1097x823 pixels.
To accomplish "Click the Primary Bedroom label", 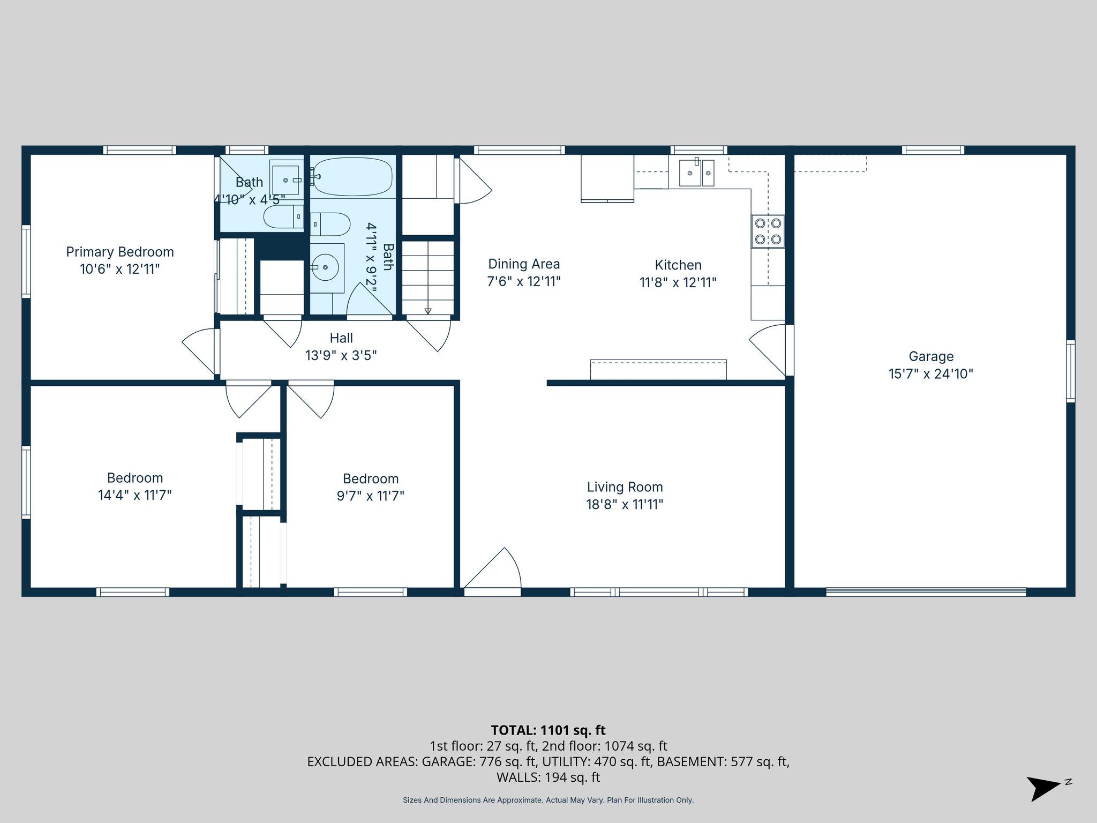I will coord(119,252).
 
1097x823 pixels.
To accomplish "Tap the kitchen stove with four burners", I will coord(768,231).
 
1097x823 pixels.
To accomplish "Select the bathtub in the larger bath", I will coord(352,177).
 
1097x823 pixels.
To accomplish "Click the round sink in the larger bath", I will coord(325,267).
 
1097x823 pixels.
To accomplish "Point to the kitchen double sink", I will coord(696,173).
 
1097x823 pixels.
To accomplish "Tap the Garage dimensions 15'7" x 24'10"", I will coord(930,374).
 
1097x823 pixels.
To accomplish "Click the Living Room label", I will coord(625,487).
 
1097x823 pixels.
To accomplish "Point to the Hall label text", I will coord(341,338).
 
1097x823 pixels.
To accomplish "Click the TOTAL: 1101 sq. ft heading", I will coord(548,730).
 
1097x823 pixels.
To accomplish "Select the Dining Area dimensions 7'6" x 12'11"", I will coord(523,282).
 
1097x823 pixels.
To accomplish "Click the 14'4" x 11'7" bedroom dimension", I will coord(134,495).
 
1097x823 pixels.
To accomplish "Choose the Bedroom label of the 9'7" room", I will coord(370,478).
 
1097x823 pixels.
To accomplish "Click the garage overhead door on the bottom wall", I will coord(926,592).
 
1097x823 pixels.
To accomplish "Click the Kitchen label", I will coord(678,265).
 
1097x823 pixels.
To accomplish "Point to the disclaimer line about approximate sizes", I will coord(548,800).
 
